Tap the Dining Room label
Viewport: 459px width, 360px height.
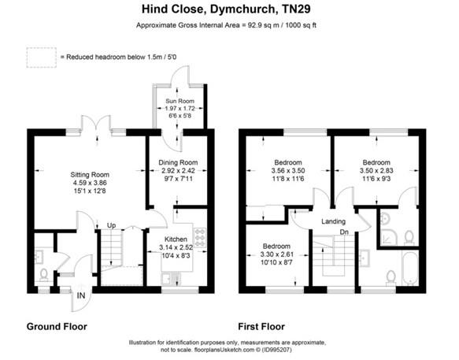(x=177, y=163)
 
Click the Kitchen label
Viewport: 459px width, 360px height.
(x=176, y=237)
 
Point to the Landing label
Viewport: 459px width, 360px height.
(x=335, y=221)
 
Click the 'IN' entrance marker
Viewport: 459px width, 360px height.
(x=80, y=296)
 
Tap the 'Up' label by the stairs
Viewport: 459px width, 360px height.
(x=111, y=225)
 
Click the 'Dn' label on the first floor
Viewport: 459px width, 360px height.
(x=343, y=232)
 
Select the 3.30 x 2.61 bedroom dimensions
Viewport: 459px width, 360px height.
(x=276, y=254)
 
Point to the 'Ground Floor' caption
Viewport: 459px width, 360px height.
(x=57, y=326)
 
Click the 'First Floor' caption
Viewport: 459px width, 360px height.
(x=263, y=326)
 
